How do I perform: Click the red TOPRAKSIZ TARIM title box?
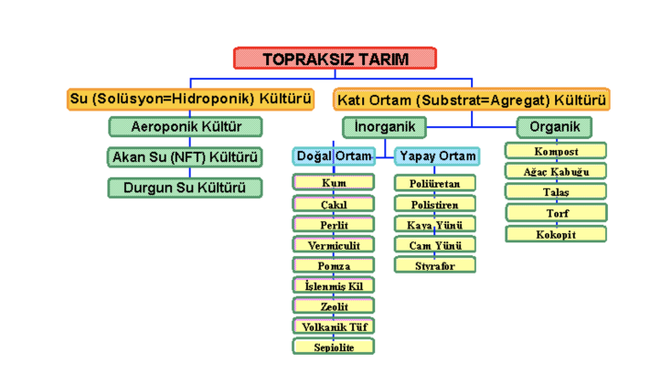click(336, 59)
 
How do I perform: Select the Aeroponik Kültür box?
click(186, 126)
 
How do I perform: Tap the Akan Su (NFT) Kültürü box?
click(185, 157)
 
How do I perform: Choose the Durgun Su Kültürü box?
click(185, 187)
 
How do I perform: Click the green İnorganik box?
click(385, 127)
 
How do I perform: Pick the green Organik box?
click(554, 127)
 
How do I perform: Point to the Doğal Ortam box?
click(334, 156)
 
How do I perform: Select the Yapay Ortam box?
click(437, 156)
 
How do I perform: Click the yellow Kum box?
click(334, 183)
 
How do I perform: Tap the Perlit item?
click(334, 224)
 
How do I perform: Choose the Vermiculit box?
click(334, 245)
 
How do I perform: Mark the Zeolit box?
click(334, 306)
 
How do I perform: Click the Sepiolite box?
click(334, 347)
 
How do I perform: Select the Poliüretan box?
click(435, 184)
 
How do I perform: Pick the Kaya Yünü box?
click(435, 224)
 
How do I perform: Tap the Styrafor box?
click(435, 265)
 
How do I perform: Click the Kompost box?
click(556, 151)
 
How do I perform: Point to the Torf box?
click(556, 213)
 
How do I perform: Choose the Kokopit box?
click(556, 234)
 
